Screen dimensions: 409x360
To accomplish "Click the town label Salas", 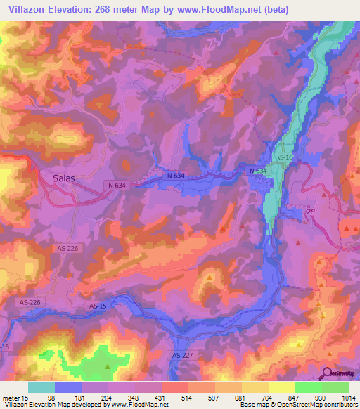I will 64,178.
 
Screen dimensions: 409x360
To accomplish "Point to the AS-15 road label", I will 98,306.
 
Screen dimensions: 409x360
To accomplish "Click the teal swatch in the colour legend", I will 41,387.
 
